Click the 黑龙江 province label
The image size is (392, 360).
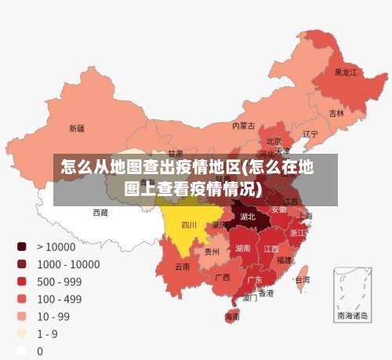tap(346, 72)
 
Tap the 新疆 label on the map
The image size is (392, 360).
tap(77, 128)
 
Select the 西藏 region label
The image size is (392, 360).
tap(101, 212)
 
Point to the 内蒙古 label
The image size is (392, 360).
tap(244, 125)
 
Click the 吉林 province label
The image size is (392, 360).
tap(336, 113)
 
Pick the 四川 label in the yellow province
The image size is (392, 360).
tap(189, 225)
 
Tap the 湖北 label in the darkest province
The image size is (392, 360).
tap(248, 216)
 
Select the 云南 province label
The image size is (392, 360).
tap(183, 267)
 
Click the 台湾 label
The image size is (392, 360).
tap(302, 279)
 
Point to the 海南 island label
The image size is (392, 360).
tap(232, 317)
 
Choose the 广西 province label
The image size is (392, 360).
tap(223, 277)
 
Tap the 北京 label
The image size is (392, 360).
tap(274, 141)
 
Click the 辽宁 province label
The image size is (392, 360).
tap(310, 134)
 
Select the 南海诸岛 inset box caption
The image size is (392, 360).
tap(352, 315)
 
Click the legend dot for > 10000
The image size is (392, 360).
tap(22, 246)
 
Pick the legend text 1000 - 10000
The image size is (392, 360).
tap(67, 264)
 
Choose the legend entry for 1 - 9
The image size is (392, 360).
tap(48, 333)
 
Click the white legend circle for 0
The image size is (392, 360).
tap(22, 351)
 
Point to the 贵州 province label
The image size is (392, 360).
tap(212, 252)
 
